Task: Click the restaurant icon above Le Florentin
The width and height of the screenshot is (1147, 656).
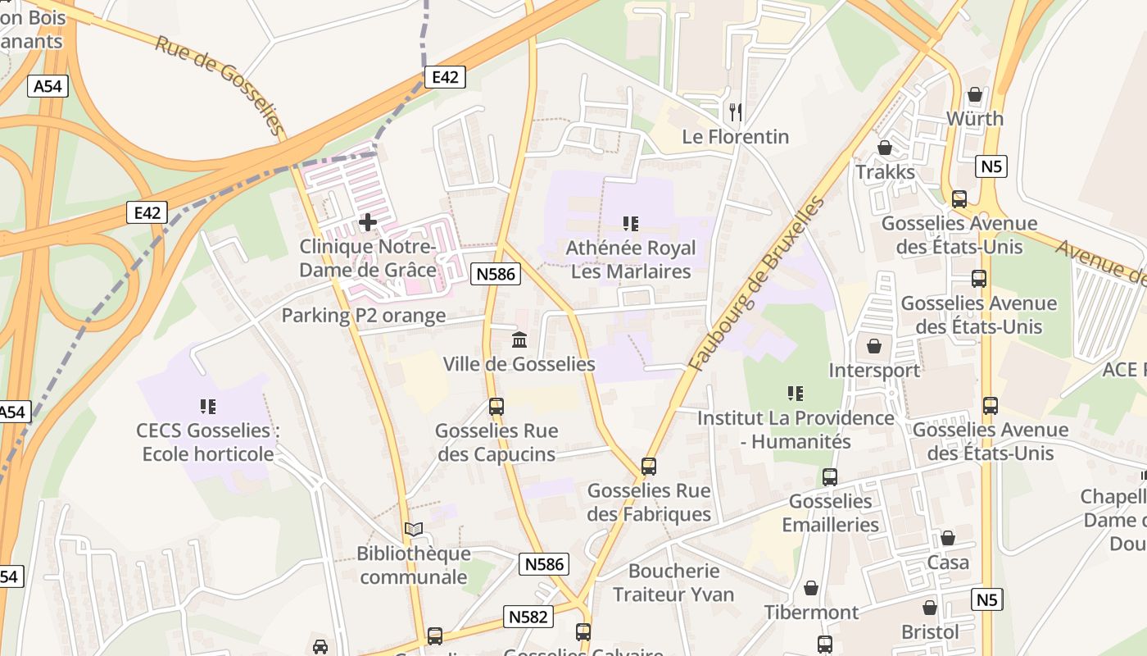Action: tap(736, 112)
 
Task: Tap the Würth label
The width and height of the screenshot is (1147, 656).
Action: tap(974, 119)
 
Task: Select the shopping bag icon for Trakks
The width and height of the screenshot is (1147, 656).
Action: tap(885, 148)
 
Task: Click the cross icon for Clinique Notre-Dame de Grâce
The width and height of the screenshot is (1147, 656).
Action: tap(368, 221)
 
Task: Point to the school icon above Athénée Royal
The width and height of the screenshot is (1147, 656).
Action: tap(630, 223)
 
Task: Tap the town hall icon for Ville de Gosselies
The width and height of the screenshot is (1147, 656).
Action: tap(519, 339)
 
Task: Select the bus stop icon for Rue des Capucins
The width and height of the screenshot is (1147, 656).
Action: tap(496, 406)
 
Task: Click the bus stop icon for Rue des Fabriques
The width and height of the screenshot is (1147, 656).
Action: tap(649, 467)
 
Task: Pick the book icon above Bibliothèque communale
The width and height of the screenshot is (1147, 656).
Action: tap(414, 530)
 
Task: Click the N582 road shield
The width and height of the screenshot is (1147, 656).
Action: tap(528, 617)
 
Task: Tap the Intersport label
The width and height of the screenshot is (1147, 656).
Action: tap(874, 370)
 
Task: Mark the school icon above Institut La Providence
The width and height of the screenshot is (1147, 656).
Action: tap(795, 394)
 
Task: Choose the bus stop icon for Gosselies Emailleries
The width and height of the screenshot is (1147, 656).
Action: tap(830, 477)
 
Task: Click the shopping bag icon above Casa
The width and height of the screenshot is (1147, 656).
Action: tap(948, 538)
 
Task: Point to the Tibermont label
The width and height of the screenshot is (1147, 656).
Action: tap(811, 613)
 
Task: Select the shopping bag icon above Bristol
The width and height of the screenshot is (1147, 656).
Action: tap(930, 608)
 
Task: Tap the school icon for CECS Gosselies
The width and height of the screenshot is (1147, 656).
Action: tap(207, 406)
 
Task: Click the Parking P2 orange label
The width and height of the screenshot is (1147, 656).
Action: tap(364, 316)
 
